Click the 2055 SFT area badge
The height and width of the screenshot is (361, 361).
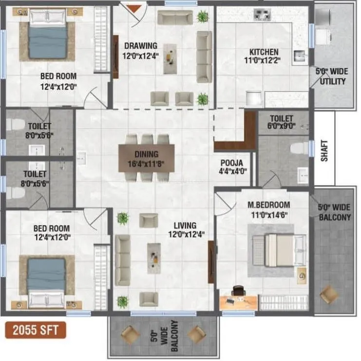pos(36,330)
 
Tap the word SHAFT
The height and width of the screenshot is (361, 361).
pos(325,151)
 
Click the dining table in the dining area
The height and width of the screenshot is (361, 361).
pos(147,157)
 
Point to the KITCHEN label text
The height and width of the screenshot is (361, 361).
pos(264,52)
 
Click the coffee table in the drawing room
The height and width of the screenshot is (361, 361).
pos(170,58)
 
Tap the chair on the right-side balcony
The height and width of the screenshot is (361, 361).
pos(329,294)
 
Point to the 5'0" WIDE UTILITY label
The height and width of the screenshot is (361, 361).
pos(332,76)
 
